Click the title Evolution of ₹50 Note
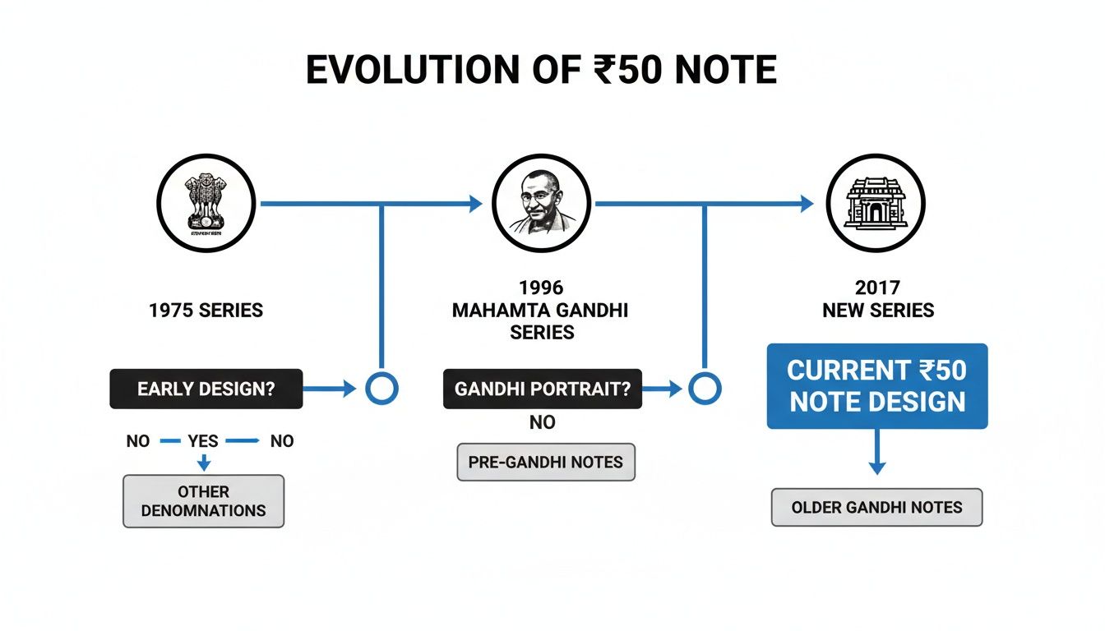coord(541,71)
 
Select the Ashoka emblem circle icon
coord(206,202)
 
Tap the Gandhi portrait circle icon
coord(541,202)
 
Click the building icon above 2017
coord(876,202)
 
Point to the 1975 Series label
coord(206,311)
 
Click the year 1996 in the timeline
coord(541,288)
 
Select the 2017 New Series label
coord(877,300)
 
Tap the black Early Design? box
coord(206,389)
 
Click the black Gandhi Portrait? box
coord(542,389)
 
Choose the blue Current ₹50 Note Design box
coord(877,386)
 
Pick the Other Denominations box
coord(204,501)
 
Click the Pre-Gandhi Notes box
coord(546,463)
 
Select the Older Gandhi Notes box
coord(876,507)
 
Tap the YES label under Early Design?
coord(202,441)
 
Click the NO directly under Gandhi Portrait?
coord(542,422)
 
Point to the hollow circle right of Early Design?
coord(381,389)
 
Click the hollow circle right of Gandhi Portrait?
coord(704,389)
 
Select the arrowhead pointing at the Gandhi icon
coord(475,204)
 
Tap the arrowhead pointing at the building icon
coord(807,204)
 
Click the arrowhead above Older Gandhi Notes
coord(877,467)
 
